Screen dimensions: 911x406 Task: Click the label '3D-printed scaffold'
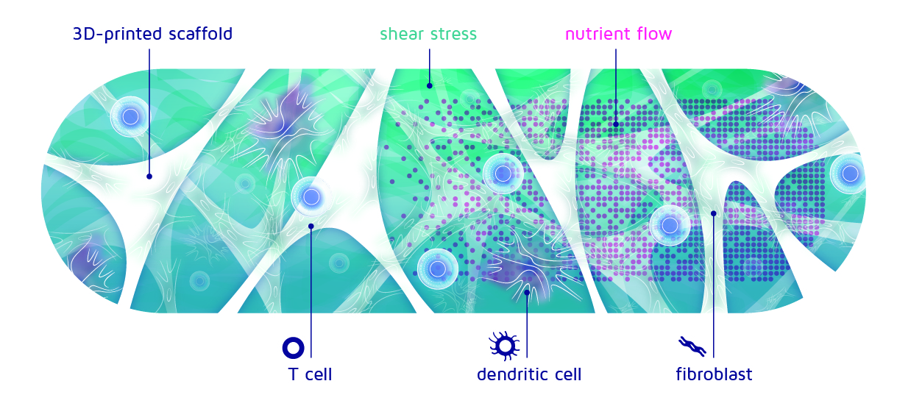point(152,34)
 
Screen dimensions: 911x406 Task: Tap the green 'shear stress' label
point(428,34)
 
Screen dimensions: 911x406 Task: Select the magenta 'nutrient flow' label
point(619,34)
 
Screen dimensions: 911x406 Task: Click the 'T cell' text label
point(310,374)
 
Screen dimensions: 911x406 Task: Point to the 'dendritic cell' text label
point(529,374)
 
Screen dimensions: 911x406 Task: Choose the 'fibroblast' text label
point(715,374)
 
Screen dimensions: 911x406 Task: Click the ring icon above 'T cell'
point(293,348)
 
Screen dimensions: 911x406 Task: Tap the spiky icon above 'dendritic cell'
point(505,346)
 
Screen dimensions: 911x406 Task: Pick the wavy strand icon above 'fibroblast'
point(692,346)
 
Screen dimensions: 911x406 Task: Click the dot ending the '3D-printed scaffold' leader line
point(149,177)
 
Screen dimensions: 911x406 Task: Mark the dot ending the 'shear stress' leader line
point(430,86)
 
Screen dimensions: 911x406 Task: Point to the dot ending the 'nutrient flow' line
point(616,124)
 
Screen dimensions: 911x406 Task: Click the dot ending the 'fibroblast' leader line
point(713,213)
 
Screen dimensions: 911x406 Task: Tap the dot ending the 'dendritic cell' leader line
point(527,292)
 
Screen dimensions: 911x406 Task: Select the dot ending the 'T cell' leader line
point(311,226)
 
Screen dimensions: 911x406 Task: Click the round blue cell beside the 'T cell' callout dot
point(311,197)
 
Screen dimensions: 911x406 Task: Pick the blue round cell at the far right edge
point(850,174)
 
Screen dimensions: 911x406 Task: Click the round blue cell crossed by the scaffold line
point(130,117)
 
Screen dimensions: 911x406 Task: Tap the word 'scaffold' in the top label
point(200,34)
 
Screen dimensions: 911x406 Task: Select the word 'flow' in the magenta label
point(654,34)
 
